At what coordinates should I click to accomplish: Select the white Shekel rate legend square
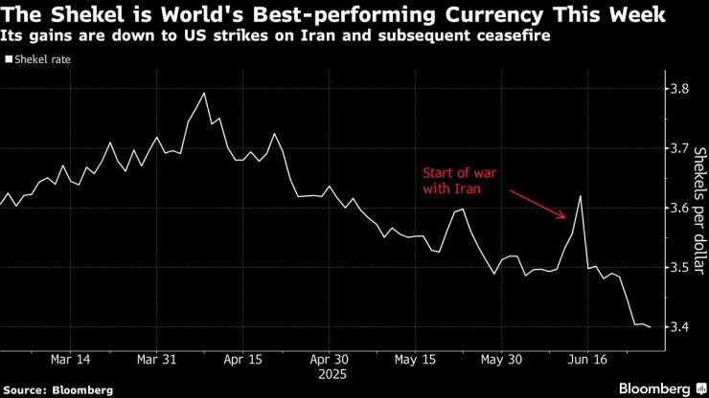[8, 58]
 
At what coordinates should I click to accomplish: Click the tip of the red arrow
[566, 220]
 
